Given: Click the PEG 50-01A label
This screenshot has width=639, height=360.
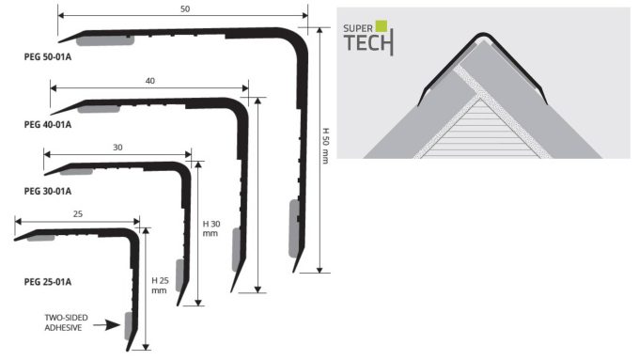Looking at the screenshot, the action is coord(48,57).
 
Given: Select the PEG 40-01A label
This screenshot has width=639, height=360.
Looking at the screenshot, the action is coord(48,125).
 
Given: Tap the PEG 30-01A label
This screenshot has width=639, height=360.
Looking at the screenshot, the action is coord(48,191).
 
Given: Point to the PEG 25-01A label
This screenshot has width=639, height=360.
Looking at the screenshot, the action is coord(48,282).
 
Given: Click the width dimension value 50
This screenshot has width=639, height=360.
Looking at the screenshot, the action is coord(185,9).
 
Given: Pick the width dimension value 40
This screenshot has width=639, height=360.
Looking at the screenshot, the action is coord(150,81).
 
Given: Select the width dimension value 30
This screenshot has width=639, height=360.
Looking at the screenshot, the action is coord(117,148).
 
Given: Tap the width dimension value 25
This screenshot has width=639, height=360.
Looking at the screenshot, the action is coord(77,213).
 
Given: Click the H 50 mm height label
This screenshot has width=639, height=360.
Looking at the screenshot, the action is coord(326,146).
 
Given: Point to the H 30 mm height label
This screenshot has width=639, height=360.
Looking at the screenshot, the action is coord(211,228).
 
